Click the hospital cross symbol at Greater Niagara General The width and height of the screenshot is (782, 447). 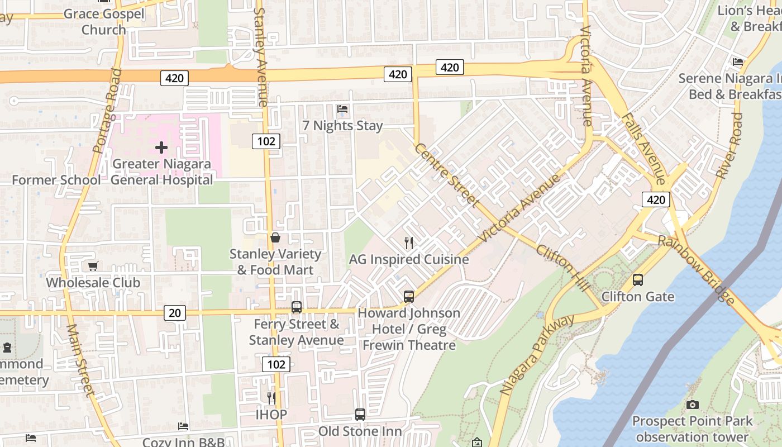(x=161, y=148)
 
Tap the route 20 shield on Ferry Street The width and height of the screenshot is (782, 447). (x=175, y=313)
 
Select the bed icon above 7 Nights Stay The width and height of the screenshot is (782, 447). (x=342, y=108)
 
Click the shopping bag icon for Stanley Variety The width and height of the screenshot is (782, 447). (x=275, y=237)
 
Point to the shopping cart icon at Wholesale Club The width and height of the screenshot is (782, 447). (x=93, y=266)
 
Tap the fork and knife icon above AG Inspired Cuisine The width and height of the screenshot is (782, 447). (x=409, y=242)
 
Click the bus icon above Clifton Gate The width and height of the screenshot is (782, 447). (x=637, y=280)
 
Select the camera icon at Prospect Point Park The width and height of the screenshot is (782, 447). (x=692, y=405)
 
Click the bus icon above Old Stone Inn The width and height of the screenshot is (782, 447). (x=360, y=415)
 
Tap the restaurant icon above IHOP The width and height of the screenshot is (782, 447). (x=271, y=398)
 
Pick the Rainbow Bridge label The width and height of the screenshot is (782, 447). (x=696, y=270)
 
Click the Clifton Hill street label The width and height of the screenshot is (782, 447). (x=563, y=267)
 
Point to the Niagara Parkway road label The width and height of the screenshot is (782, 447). (x=537, y=355)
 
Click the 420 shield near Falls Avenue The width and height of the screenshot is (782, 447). (x=656, y=199)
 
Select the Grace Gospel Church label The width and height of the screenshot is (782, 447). (x=104, y=21)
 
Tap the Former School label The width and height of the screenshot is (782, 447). (x=56, y=180)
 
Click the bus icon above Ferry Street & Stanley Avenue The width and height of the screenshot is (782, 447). (x=297, y=307)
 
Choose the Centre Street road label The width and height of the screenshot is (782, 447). (x=446, y=174)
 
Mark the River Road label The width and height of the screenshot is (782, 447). (x=729, y=146)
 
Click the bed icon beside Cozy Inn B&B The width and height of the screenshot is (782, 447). (x=183, y=426)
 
